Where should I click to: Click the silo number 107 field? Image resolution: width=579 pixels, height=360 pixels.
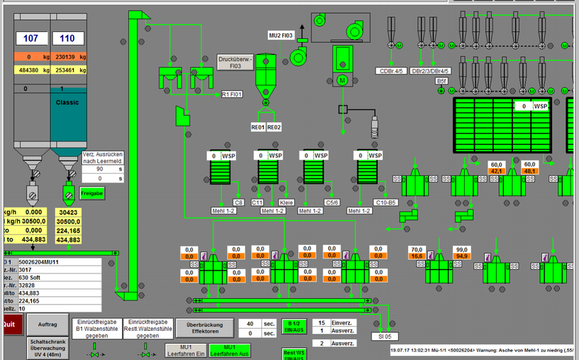point(31,38)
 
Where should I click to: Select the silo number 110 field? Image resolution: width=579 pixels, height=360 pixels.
point(67,38)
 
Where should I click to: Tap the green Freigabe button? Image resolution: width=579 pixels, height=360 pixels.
point(92,193)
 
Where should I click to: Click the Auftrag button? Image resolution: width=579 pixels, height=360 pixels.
point(47,324)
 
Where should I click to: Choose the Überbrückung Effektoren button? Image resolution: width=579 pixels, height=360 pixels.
point(199,327)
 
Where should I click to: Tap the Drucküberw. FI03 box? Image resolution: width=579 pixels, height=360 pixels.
point(235,62)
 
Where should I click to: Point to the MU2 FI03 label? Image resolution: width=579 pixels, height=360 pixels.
point(281,35)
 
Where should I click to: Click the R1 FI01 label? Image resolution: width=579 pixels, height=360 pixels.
point(232,94)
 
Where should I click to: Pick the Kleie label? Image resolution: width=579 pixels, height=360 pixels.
point(286,202)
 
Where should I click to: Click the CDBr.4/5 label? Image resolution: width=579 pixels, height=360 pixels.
point(391,71)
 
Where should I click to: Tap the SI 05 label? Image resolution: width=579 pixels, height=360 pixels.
point(385,316)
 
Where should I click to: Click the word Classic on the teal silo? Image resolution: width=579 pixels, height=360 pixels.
point(68,102)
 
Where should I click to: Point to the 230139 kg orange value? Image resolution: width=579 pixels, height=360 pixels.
point(69,57)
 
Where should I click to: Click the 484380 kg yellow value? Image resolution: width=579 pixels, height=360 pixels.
point(32,70)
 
